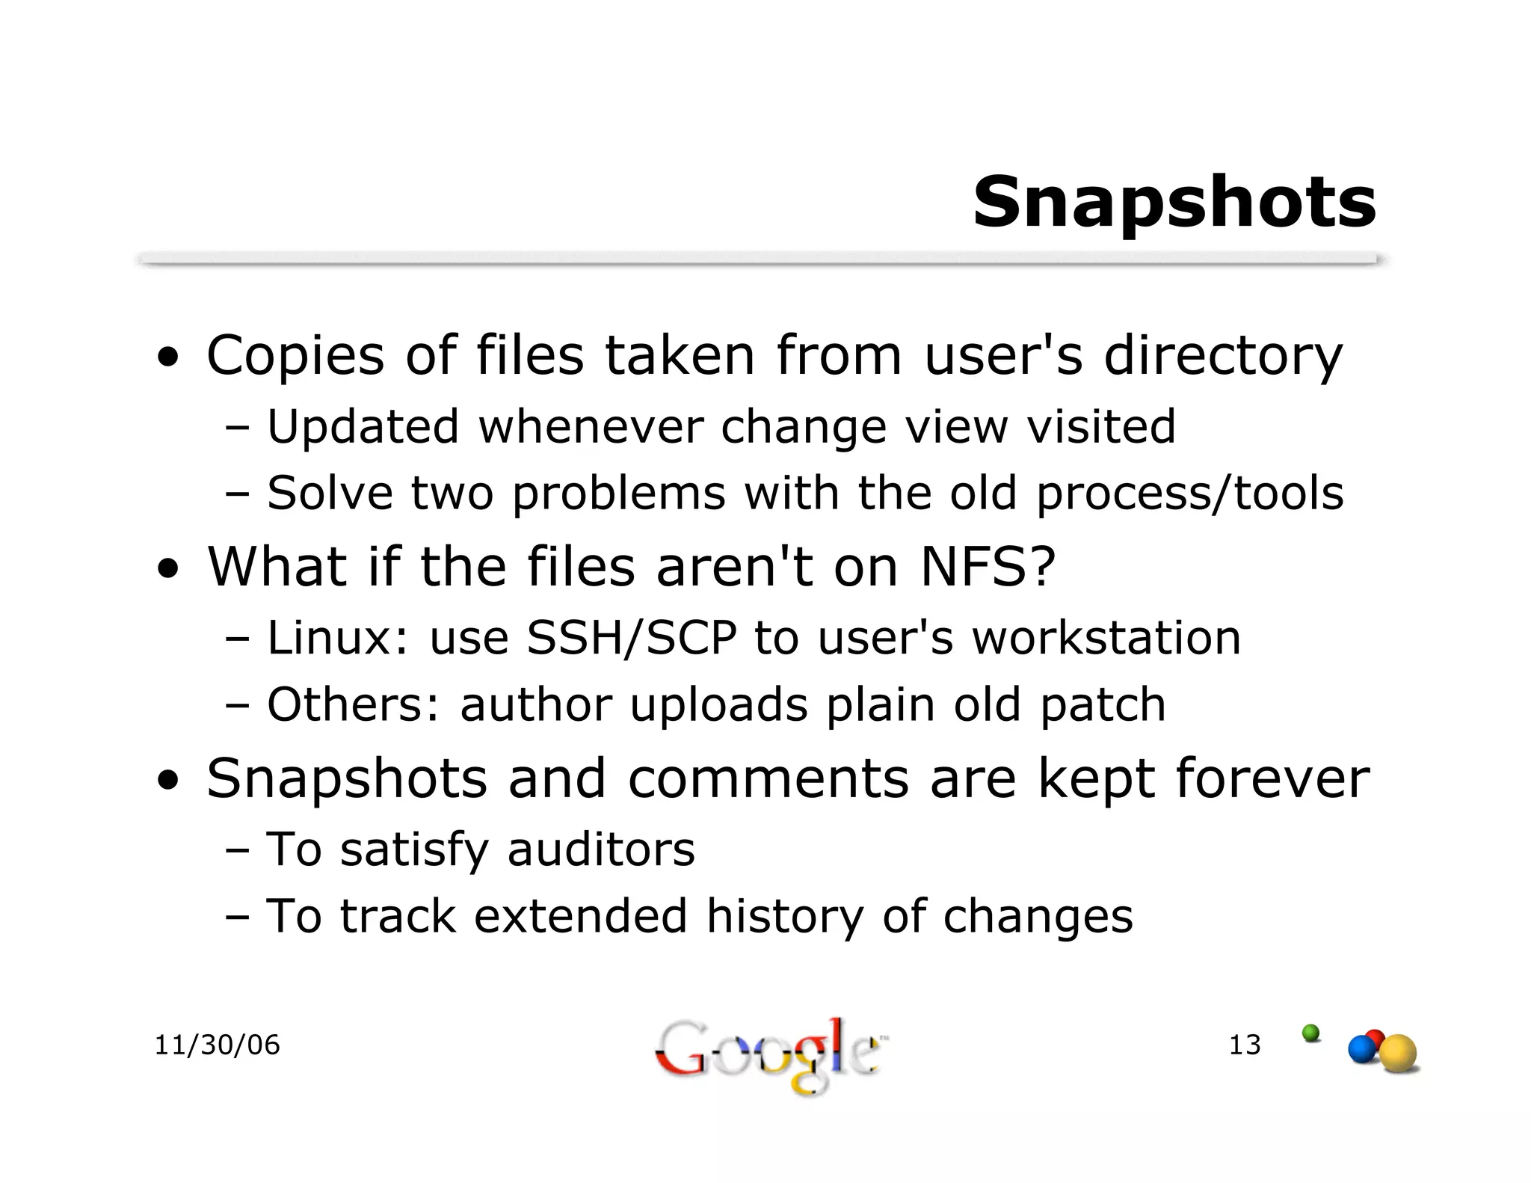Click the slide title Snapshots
[1174, 203]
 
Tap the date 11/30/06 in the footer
[217, 1045]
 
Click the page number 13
[1245, 1045]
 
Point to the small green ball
[1310, 1033]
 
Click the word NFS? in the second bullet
[988, 567]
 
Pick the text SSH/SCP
[631, 638]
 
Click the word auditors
[600, 849]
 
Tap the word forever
[1272, 778]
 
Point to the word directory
[1223, 356]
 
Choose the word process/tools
[1189, 494]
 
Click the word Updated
[363, 426]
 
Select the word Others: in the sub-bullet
[354, 704]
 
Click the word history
[784, 917]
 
